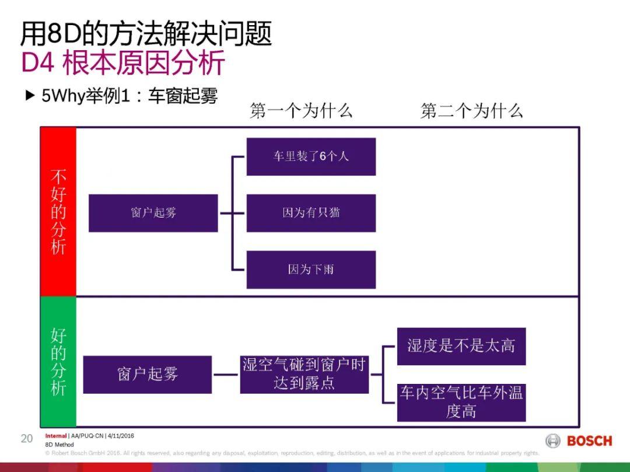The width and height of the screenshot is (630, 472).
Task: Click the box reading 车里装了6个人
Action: click(311, 156)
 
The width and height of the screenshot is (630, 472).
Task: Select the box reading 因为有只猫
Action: click(311, 213)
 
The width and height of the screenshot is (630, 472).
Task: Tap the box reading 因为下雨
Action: click(311, 270)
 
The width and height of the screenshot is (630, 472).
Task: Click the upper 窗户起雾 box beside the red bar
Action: click(153, 213)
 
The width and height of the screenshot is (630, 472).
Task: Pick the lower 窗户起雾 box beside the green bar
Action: click(147, 374)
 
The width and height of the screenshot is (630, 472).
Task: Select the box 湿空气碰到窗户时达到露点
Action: click(304, 374)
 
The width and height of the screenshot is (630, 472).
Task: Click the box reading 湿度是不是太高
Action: click(461, 346)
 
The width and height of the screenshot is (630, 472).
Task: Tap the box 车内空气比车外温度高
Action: click(461, 402)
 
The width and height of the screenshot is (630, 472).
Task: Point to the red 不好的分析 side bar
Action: click(58, 211)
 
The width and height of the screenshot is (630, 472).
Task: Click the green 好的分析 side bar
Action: click(58, 362)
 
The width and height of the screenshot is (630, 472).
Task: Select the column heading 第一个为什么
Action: click(301, 110)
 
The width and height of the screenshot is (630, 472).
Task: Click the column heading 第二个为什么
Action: click(471, 110)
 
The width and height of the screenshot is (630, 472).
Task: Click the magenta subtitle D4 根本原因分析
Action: click(123, 63)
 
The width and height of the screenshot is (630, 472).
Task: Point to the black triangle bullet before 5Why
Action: click(30, 95)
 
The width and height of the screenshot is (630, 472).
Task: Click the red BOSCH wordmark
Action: click(589, 440)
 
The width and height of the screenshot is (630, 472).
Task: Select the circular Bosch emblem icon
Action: click(553, 440)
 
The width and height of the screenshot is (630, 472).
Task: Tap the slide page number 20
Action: click(27, 439)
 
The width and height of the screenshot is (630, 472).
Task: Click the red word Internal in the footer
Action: click(56, 436)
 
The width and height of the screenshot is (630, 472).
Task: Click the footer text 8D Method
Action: click(60, 445)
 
